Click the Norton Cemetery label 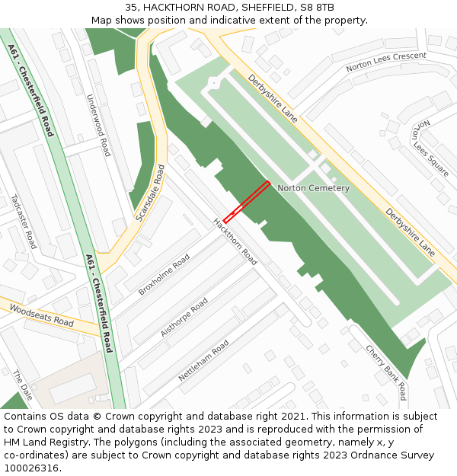[313, 188]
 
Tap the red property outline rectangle [246, 202]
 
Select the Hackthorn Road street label [235, 242]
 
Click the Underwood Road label [99, 126]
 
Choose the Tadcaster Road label [24, 222]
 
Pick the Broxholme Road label [164, 276]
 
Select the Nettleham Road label [203, 361]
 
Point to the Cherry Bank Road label [386, 372]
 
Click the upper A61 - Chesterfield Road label [31, 90]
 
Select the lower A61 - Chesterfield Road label [99, 303]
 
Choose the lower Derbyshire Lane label [410, 233]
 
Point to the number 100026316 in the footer [30, 468]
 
